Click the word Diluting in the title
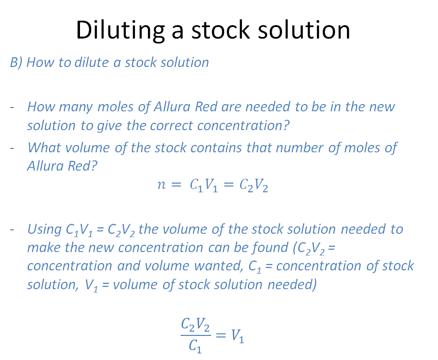(120, 30)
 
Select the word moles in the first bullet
(115, 107)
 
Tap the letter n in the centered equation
(161, 185)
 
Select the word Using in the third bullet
(44, 229)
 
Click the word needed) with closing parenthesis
(292, 284)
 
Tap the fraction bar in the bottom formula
(196, 334)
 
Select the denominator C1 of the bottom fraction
(195, 347)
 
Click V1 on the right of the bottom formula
(238, 336)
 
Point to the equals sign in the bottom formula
(221, 335)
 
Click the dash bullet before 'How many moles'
(12, 107)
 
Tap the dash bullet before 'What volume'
(12, 148)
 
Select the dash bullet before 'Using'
(12, 230)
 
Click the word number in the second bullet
(299, 147)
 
